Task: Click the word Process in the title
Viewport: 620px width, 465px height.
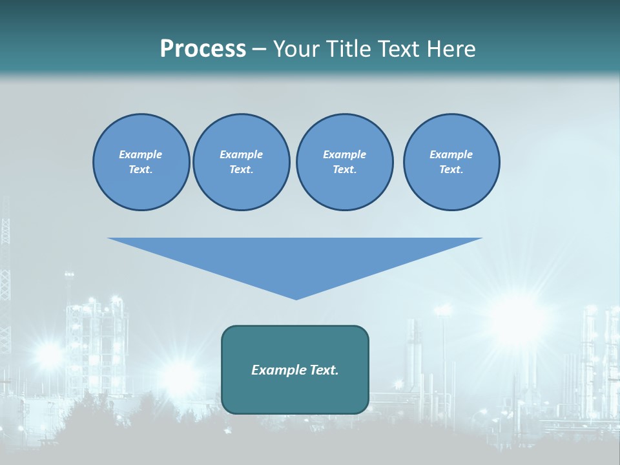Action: [x=203, y=49]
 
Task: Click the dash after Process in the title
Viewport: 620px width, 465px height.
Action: [x=259, y=50]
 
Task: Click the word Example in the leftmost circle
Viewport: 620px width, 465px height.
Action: [x=141, y=154]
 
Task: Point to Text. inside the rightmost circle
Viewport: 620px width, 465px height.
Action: [x=451, y=169]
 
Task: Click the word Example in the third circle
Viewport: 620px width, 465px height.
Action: [x=344, y=154]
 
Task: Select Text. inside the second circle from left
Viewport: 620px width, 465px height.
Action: [x=241, y=169]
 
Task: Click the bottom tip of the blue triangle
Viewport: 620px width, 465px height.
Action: [x=296, y=298]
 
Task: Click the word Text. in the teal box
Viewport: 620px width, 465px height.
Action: [x=324, y=370]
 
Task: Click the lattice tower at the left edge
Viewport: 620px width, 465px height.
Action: [x=5, y=271]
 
